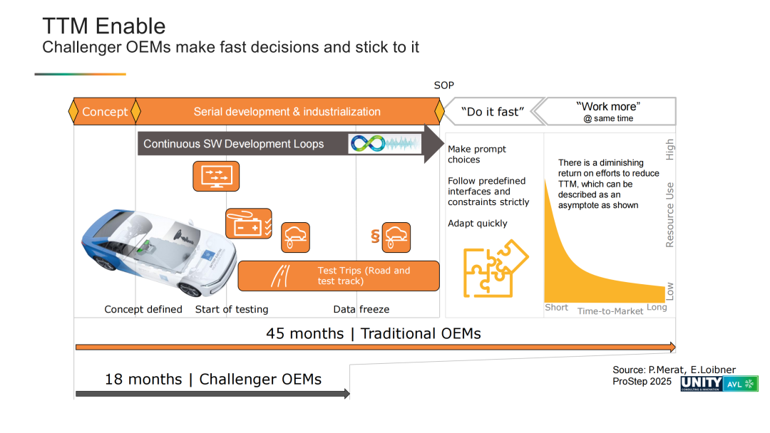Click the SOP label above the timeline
444,85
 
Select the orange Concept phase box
105,111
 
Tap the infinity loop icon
369,143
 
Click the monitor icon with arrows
216,176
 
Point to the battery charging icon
249,224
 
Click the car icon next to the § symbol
396,237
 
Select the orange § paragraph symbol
375,237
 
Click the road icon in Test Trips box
281,276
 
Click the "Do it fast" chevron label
493,112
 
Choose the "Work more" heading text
608,107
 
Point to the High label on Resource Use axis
669,150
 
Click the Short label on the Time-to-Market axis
556,308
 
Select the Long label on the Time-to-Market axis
657,308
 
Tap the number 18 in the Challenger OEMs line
113,379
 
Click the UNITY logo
702,383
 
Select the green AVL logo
741,384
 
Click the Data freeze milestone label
361,309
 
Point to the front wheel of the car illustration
190,288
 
